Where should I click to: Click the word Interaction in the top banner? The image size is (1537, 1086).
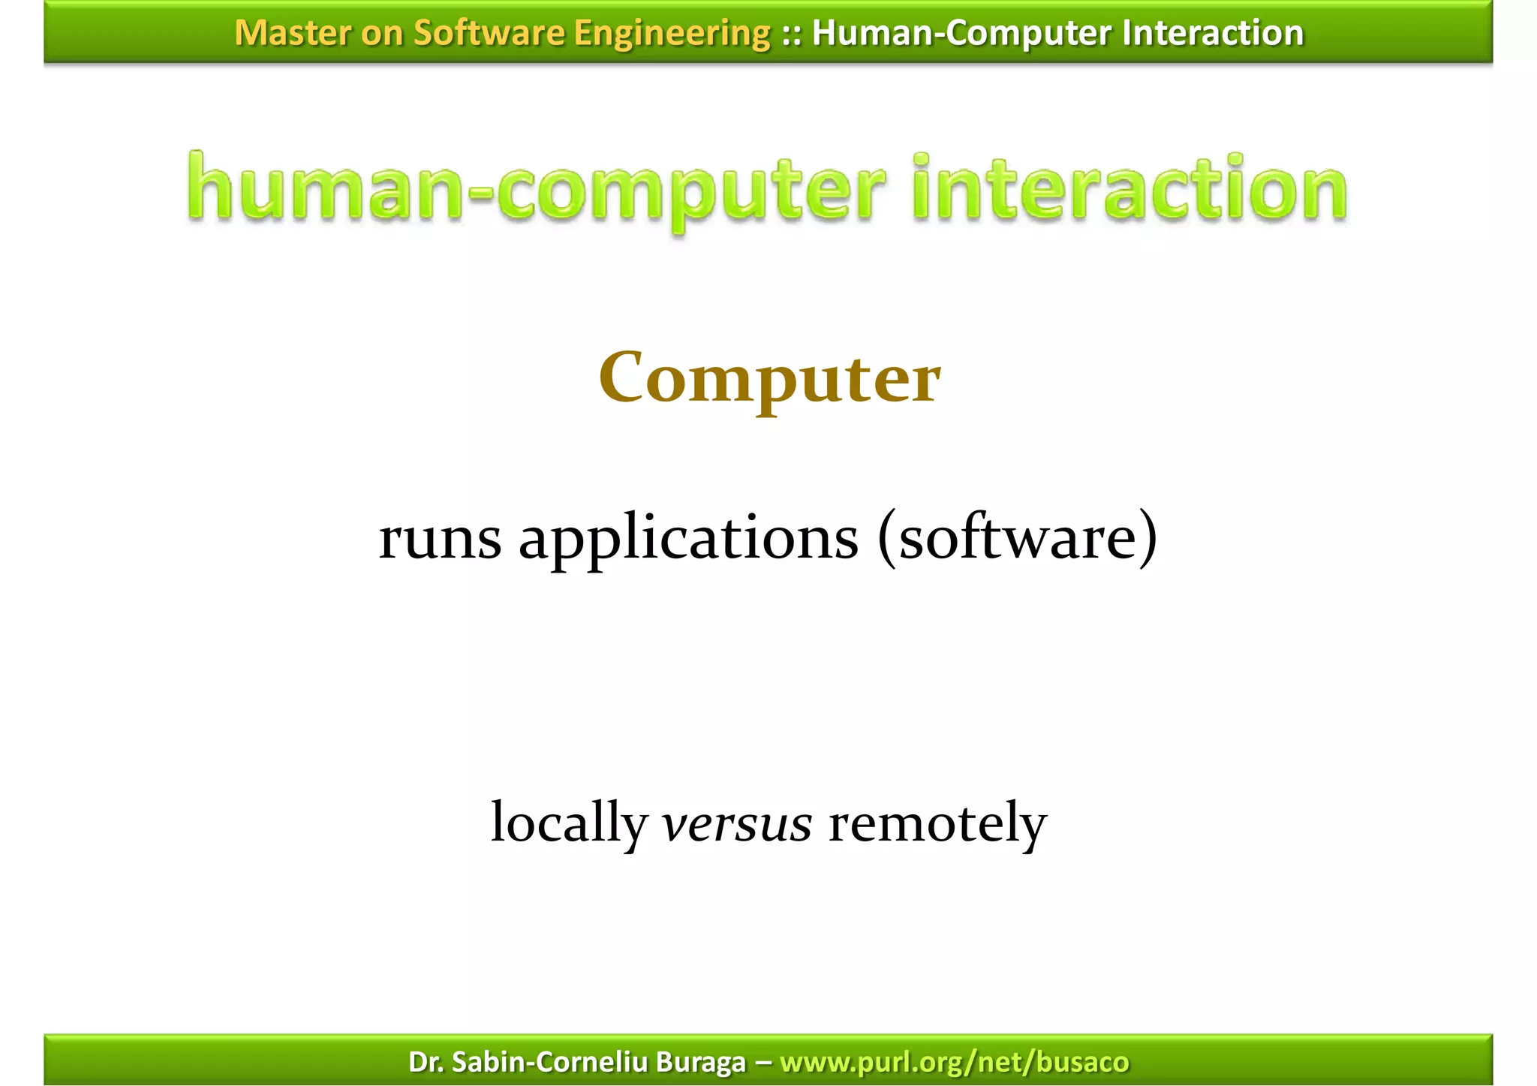pyautogui.click(x=1213, y=33)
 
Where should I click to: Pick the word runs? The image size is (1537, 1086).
pyautogui.click(x=440, y=538)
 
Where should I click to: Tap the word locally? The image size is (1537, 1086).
pyautogui.click(x=569, y=823)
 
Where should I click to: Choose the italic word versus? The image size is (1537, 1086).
pyautogui.click(x=736, y=823)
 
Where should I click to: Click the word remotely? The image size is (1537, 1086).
pyautogui.click(x=937, y=823)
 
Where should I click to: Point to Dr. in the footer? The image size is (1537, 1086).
pyautogui.click(x=426, y=1062)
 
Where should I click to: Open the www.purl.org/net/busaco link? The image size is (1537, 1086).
pyautogui.click(x=954, y=1062)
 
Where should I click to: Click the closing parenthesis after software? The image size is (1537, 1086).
pyautogui.click(x=1147, y=538)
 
